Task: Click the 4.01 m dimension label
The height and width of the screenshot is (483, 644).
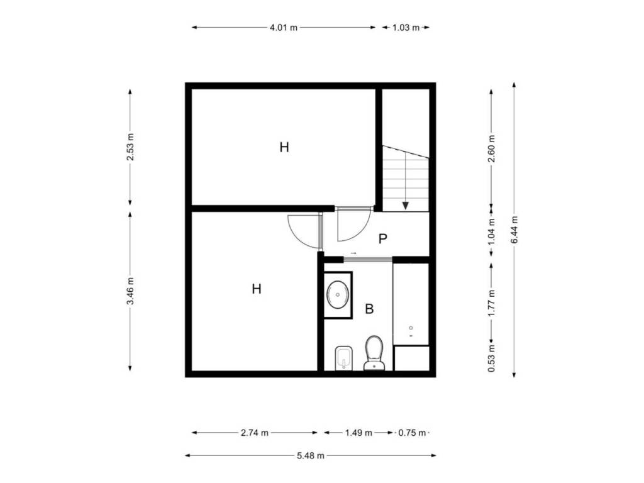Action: [284, 28]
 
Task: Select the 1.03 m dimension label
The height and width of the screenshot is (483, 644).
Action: [406, 28]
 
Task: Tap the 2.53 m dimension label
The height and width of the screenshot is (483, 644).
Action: [130, 147]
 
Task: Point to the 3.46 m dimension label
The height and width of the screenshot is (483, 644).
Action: [130, 291]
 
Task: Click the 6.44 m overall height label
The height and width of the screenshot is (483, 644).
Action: [514, 229]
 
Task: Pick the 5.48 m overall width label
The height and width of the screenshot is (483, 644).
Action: [311, 455]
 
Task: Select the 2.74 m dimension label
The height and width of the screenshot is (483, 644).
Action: [255, 433]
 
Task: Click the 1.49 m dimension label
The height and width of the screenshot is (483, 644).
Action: [358, 433]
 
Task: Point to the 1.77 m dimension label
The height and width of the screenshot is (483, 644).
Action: [492, 303]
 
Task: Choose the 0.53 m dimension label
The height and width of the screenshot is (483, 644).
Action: [492, 358]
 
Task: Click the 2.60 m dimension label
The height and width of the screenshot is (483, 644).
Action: [492, 148]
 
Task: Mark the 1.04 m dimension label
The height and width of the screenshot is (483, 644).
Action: [492, 231]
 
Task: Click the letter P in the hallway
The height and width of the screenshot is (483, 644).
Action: [383, 238]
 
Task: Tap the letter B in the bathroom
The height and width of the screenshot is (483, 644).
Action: [369, 309]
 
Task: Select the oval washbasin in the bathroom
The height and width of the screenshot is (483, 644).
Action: [338, 295]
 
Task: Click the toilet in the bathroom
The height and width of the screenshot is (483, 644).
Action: [374, 353]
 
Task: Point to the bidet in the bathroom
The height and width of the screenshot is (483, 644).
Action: [344, 358]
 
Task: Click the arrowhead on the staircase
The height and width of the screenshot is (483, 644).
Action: [406, 206]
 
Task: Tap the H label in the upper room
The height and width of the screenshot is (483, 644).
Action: [284, 147]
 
